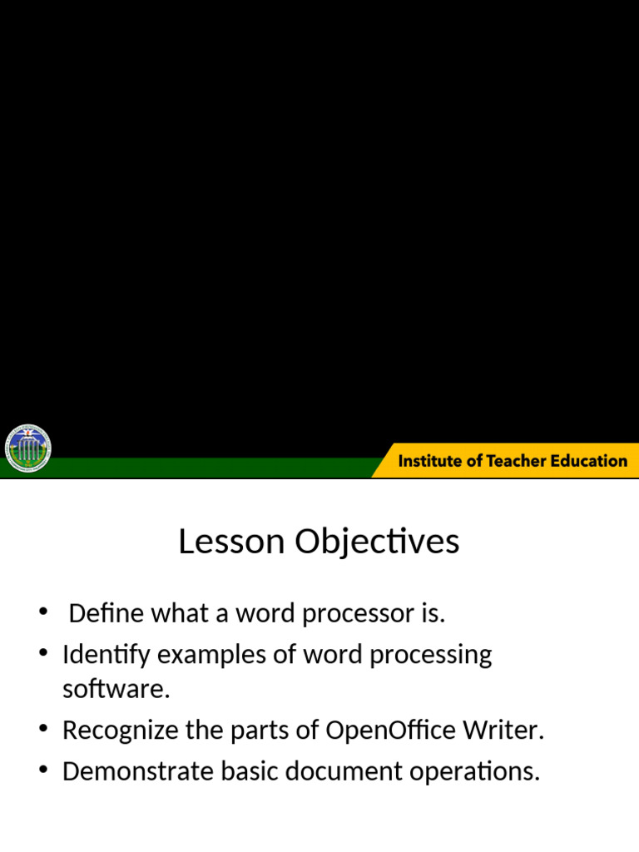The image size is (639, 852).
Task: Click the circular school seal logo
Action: pyautogui.click(x=27, y=448)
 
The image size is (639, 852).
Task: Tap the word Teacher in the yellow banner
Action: pyautogui.click(x=516, y=461)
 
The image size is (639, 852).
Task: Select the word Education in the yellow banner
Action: pyautogui.click(x=589, y=461)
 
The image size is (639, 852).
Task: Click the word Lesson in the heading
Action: pyautogui.click(x=231, y=541)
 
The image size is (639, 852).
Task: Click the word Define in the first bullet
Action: pyautogui.click(x=106, y=613)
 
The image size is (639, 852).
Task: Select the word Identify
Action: pyautogui.click(x=106, y=655)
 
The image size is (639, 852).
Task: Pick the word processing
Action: pyautogui.click(x=431, y=656)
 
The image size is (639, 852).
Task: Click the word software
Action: pyautogui.click(x=116, y=688)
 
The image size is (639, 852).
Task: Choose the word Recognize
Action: pyautogui.click(x=121, y=731)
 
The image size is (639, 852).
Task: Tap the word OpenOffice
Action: pyautogui.click(x=390, y=730)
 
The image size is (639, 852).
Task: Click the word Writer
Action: pyautogui.click(x=503, y=730)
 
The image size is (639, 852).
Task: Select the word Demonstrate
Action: pyautogui.click(x=138, y=771)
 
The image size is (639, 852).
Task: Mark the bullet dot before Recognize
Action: pyautogui.click(x=44, y=728)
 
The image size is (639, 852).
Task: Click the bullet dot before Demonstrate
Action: pyautogui.click(x=44, y=770)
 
